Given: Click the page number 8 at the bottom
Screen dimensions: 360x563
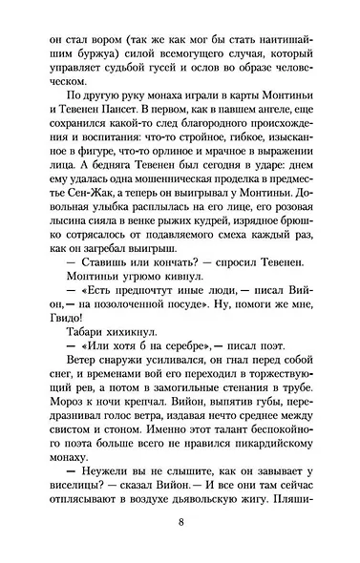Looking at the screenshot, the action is (180, 522).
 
